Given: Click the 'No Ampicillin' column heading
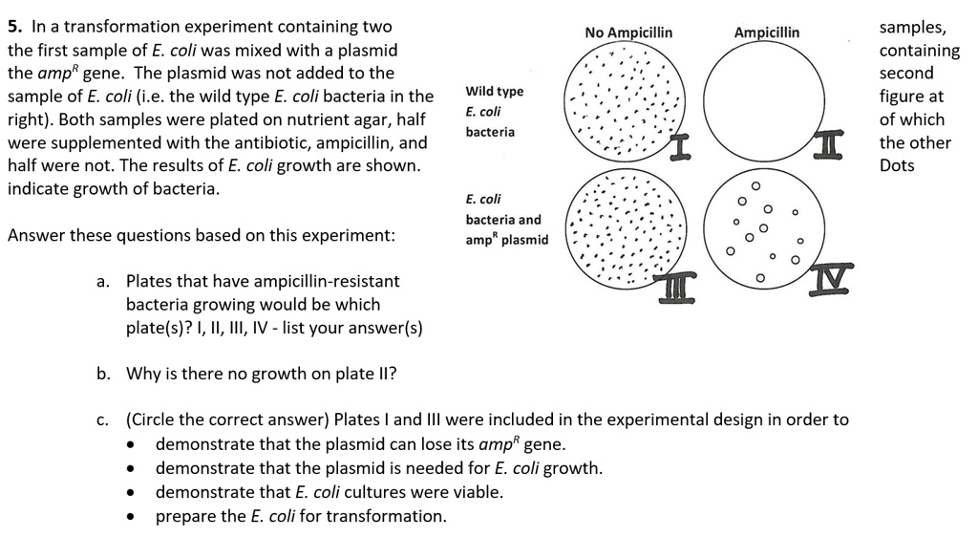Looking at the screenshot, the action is click(x=628, y=32).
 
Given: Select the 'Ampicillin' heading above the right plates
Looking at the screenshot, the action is click(x=767, y=32).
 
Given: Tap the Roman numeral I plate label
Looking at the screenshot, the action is click(x=680, y=147).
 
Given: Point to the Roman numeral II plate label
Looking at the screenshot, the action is click(x=829, y=143).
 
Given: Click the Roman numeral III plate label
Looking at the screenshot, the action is click(x=677, y=290).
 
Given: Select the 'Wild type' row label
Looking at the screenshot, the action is click(x=495, y=92).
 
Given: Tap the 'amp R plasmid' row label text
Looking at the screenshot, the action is click(x=507, y=240).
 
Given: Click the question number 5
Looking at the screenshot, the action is click(x=15, y=27).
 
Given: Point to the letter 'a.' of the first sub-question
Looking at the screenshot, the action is click(x=103, y=281).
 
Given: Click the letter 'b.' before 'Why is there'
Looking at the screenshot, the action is click(x=103, y=374).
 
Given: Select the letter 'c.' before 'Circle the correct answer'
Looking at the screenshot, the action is click(x=103, y=420).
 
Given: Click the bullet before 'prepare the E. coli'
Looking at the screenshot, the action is click(x=130, y=517).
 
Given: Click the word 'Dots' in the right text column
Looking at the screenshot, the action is click(x=897, y=165).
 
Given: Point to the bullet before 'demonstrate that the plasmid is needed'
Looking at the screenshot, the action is click(x=130, y=468).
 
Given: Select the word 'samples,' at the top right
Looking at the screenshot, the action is click(x=912, y=28).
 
